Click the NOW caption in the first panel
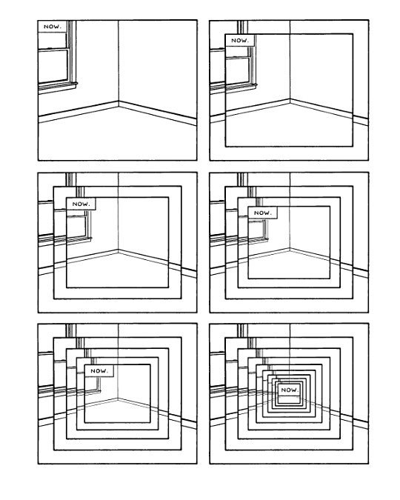[x=53, y=27]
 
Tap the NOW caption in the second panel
[x=239, y=41]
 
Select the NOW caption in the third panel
[x=81, y=204]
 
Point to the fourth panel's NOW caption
[x=262, y=213]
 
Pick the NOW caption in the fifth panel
[x=99, y=370]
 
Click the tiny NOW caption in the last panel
[x=289, y=390]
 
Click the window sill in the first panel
[x=58, y=86]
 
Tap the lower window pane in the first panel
[x=53, y=66]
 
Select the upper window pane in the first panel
[x=53, y=40]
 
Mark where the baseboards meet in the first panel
[x=119, y=104]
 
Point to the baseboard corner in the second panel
[x=290, y=101]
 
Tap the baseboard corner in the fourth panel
[x=290, y=249]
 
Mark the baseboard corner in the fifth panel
[x=118, y=399]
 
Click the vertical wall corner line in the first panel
[x=119, y=61]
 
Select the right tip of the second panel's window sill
[x=256, y=85]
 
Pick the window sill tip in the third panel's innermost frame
[x=91, y=238]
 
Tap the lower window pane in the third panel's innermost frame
[x=76, y=226]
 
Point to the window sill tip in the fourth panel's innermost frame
[x=267, y=239]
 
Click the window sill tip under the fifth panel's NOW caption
[x=100, y=390]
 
